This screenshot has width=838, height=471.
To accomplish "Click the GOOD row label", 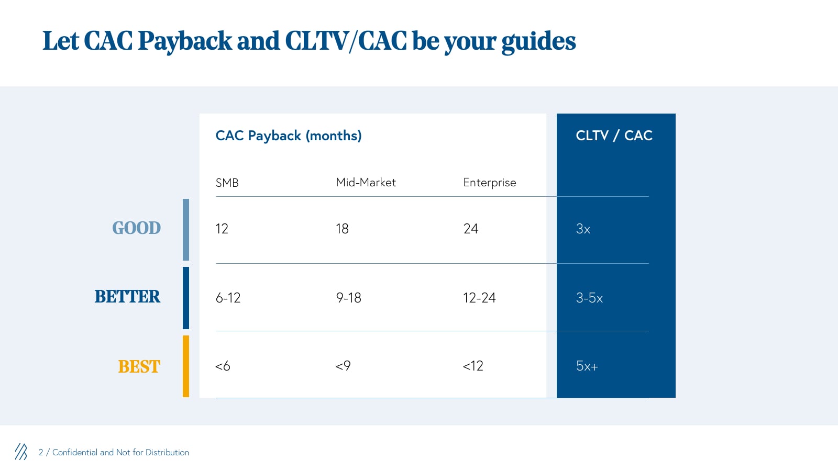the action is point(137,228).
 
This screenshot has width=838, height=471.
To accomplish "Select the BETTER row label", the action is point(127,297).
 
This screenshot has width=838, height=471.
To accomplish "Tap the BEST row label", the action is point(139,366).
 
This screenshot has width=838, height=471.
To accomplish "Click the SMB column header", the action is point(227,183).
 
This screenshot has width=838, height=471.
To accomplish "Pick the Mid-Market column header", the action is point(366,183).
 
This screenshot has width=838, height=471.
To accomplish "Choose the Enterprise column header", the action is point(490,183).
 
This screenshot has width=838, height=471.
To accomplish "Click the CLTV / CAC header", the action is point(614,136).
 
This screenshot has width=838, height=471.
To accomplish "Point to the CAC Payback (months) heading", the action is point(289,136).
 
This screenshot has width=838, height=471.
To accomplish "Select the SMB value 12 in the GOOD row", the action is point(222,229).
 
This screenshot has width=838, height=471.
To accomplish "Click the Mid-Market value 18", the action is point(343,229).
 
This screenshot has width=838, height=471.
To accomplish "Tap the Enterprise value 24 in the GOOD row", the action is point(471,229).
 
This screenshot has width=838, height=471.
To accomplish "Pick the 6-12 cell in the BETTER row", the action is point(228,298).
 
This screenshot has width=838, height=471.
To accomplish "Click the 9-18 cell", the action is point(348,298).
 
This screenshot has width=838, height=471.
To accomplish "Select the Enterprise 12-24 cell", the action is point(479,298).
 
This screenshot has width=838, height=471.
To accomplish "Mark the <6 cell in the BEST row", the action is point(223,366).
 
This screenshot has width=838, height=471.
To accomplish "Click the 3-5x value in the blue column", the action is point(589,298).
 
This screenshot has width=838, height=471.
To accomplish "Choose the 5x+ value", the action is point(587,366).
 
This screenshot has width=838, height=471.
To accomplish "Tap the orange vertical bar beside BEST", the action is point(186,366).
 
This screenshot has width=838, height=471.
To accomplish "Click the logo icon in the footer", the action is point(21,452).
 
